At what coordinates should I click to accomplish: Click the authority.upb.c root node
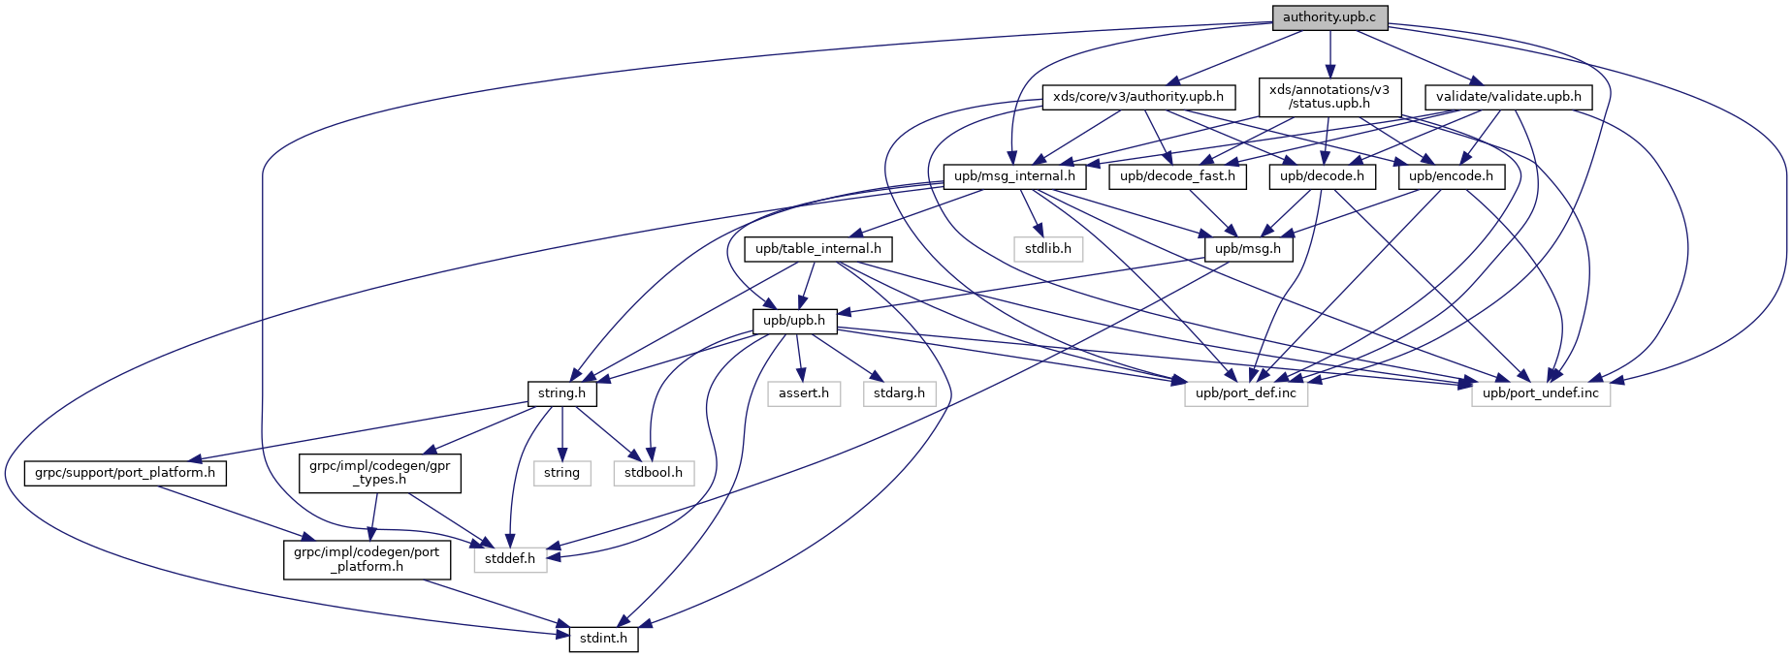pos(1329,17)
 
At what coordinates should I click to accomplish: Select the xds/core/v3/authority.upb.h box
pos(1138,97)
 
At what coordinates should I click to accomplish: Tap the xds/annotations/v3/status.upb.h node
pos(1329,96)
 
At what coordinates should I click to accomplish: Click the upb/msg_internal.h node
pos(1014,176)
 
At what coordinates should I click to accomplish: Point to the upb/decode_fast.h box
pos(1177,176)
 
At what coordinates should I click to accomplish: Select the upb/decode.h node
pos(1322,176)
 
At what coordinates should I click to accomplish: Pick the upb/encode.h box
pos(1451,176)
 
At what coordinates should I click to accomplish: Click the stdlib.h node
pos(1048,249)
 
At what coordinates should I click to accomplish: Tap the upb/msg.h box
pos(1248,249)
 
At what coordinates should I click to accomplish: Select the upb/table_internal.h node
pos(818,249)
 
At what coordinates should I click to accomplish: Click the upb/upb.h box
pos(794,321)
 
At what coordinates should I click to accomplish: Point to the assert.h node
pos(804,393)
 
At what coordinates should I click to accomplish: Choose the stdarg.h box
pos(899,393)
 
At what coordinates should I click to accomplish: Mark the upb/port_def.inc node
pos(1246,393)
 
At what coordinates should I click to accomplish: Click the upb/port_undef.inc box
pos(1541,393)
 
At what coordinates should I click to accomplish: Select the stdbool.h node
pos(654,473)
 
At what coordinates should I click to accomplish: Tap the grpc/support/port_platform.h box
pos(125,473)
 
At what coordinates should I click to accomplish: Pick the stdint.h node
pos(603,639)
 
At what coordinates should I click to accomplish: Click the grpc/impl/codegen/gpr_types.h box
pos(379,472)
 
